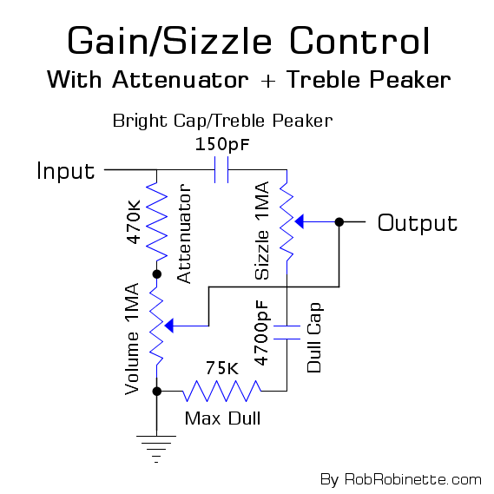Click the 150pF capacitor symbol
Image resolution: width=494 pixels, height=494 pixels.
click(221, 170)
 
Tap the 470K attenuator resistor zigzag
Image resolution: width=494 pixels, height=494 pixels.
click(156, 221)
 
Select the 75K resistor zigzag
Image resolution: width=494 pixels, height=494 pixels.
click(221, 391)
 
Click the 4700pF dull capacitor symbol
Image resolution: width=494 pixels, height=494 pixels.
click(287, 333)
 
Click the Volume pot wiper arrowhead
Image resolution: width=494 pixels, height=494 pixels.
click(169, 326)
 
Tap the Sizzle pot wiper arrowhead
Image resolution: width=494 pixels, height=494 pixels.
click(300, 221)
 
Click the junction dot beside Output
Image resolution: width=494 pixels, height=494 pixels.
click(339, 221)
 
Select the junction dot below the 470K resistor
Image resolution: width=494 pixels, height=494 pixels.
click(156, 274)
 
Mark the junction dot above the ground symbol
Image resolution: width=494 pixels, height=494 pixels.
click(156, 392)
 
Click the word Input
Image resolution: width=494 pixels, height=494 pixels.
click(65, 171)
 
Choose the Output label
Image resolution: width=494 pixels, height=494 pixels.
click(418, 223)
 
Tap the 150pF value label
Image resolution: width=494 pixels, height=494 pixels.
click(222, 145)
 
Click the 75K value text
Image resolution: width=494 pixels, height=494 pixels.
click(222, 368)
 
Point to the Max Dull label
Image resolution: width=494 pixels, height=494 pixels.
click(222, 418)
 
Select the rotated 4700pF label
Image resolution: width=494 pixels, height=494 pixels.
click(262, 333)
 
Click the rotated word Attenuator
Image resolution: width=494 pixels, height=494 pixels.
click(184, 234)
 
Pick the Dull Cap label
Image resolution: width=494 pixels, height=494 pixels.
click(313, 338)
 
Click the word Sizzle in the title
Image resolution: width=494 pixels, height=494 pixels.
click(217, 42)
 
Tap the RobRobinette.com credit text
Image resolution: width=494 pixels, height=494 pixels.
click(413, 480)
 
